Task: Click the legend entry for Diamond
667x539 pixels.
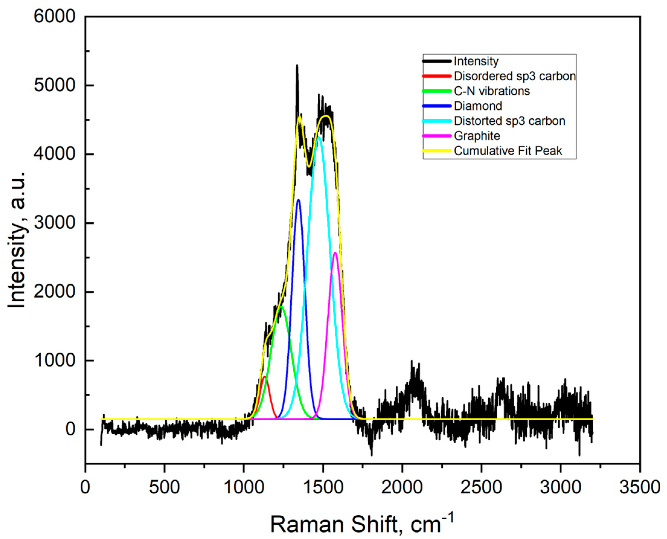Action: (478, 106)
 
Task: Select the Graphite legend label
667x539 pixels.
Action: (477, 136)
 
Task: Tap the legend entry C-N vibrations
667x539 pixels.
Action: (492, 91)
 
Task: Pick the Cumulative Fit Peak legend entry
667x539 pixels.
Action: (508, 151)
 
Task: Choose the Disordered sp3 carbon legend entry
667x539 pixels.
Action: (514, 76)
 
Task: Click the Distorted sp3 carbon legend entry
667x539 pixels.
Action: (509, 121)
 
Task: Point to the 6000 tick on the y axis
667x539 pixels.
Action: (55, 16)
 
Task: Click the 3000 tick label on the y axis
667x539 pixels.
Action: (55, 223)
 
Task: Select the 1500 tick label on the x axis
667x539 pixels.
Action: (323, 487)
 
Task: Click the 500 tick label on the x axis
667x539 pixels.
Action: (164, 487)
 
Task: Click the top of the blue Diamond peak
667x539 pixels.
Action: (298, 200)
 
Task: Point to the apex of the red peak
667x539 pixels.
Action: (264, 377)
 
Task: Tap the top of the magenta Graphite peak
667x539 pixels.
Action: (335, 253)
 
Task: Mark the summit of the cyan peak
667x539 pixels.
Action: (319, 137)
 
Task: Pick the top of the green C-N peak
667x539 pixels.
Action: (282, 307)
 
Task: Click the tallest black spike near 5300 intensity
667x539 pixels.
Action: (297, 65)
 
